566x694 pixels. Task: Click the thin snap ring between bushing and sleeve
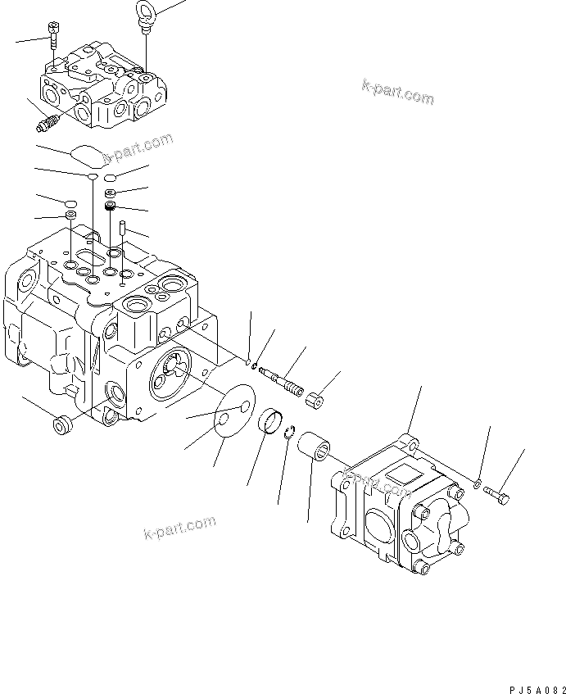pos(288,434)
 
